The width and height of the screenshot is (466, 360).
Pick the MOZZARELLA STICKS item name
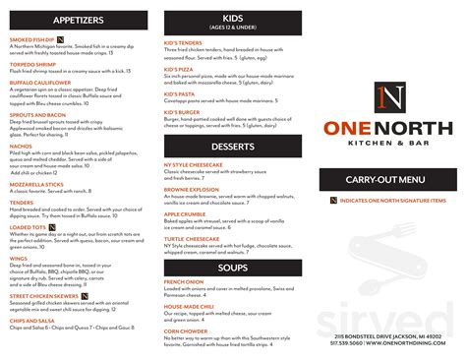(x=36, y=184)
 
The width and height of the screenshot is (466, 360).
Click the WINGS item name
(x=20, y=258)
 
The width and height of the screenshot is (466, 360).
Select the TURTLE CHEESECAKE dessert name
(x=192, y=239)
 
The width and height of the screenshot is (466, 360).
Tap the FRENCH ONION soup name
(x=184, y=281)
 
